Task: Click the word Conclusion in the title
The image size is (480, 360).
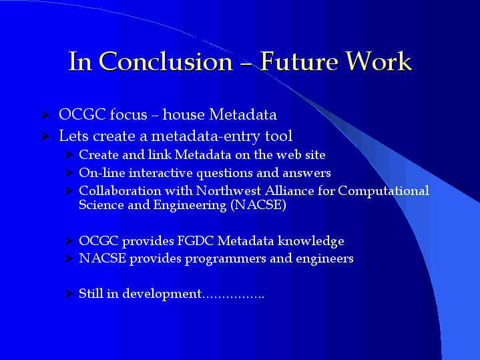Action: click(166, 61)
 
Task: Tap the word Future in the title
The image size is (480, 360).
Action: click(299, 61)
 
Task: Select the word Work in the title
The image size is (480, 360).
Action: click(379, 61)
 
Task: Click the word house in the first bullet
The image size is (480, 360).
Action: click(184, 114)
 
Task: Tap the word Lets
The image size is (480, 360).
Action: click(74, 136)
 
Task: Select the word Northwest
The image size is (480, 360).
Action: click(228, 191)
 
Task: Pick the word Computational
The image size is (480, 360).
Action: click(383, 192)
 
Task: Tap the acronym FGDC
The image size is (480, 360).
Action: click(196, 241)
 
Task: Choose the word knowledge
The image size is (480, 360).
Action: click(310, 241)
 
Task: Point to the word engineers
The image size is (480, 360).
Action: click(324, 259)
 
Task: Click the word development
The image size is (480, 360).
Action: click(162, 294)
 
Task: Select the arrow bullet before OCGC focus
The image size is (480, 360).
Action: click(45, 115)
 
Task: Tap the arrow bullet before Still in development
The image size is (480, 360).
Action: click(69, 294)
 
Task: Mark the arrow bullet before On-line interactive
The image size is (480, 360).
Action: click(69, 173)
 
